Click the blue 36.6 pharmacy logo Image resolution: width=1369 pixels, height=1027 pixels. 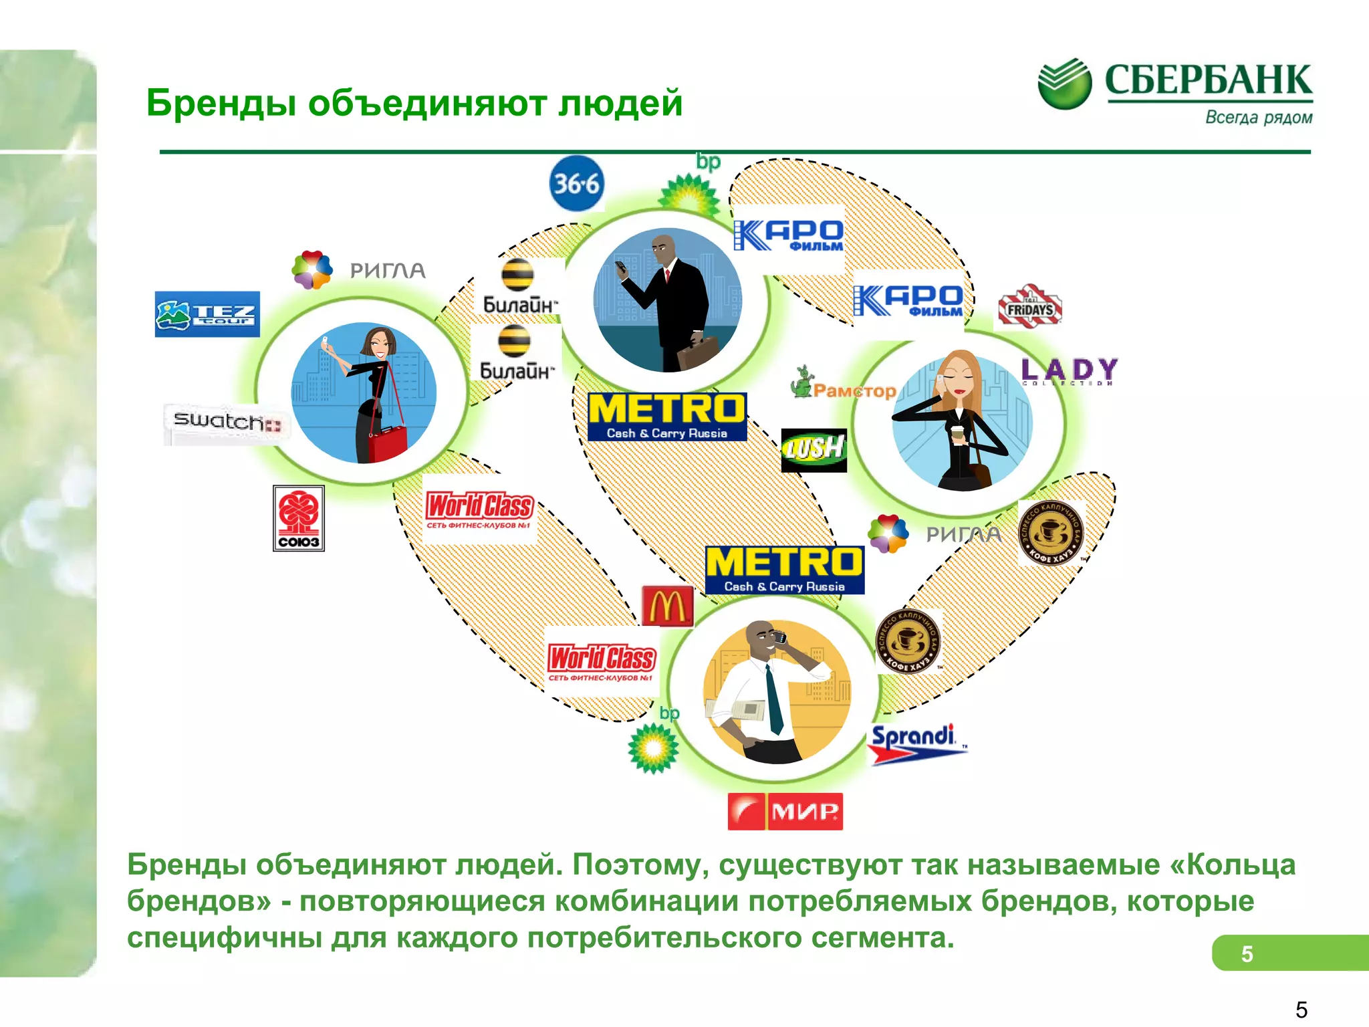coord(576,184)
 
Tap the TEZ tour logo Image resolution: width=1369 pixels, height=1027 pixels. coord(207,314)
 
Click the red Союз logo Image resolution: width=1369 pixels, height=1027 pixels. coord(299,518)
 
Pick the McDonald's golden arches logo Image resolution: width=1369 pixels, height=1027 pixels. coord(667,606)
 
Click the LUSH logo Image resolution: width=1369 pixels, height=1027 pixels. coord(814,449)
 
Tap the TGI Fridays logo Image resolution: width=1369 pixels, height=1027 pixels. coord(1029,308)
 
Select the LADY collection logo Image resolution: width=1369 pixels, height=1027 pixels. coord(1069,371)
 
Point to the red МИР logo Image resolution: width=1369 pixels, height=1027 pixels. coord(785,811)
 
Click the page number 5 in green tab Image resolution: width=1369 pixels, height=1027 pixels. coord(1247,953)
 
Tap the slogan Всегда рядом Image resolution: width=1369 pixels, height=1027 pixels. coord(1258,118)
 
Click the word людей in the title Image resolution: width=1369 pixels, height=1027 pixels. coord(620,104)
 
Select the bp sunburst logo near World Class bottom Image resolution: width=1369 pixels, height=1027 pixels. coord(654,747)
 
